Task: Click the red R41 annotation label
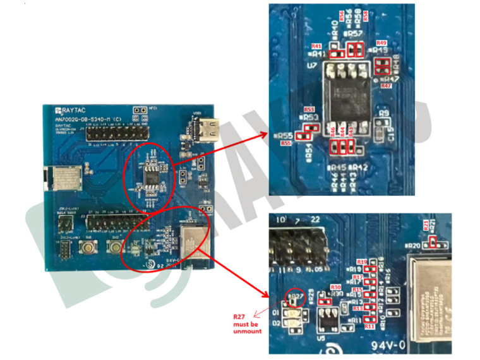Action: tap(316, 47)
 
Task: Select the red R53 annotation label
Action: tap(309, 109)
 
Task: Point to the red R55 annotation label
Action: tap(286, 143)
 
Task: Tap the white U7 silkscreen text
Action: tap(311, 65)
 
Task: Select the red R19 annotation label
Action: tap(362, 261)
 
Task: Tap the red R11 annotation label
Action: tap(369, 327)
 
